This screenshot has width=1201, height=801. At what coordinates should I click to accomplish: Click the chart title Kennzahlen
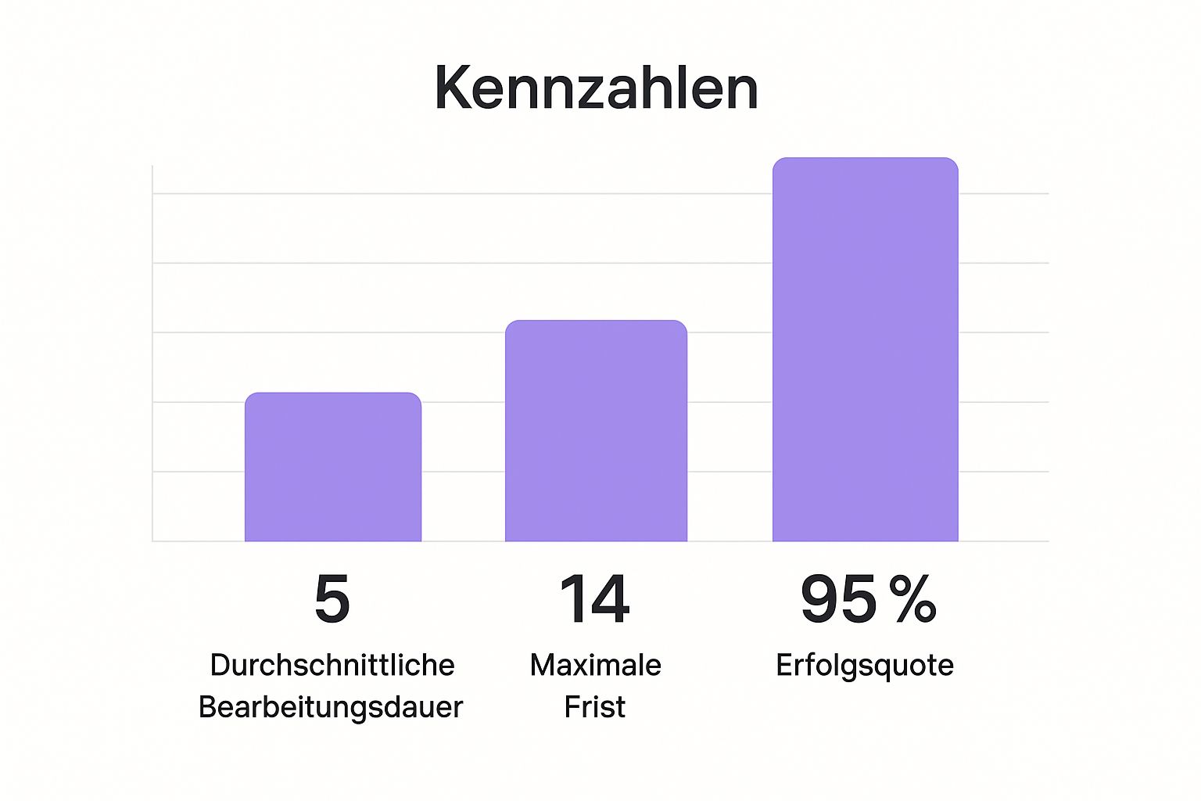pos(597,88)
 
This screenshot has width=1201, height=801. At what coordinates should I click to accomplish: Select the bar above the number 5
pos(333,467)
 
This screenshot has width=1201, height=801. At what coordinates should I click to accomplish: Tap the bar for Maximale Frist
pos(596,431)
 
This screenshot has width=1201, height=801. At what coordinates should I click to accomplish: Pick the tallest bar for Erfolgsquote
pos(865,350)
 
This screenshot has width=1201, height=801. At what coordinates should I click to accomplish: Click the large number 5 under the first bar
pos(332,599)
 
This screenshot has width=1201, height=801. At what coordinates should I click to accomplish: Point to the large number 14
pos(595,599)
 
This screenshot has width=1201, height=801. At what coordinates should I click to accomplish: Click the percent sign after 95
pos(912,599)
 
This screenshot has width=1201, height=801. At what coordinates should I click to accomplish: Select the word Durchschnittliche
pos(332,665)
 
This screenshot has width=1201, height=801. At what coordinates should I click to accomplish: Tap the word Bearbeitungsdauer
pos(331,707)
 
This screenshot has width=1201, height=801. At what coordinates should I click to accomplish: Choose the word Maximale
pos(596,665)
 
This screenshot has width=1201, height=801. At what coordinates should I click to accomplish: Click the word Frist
pos(595,707)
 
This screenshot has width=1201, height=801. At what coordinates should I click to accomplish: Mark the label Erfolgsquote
pos(865,665)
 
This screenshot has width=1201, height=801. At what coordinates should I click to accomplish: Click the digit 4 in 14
pos(609,599)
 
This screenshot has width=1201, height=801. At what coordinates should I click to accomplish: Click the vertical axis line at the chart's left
pos(152,352)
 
